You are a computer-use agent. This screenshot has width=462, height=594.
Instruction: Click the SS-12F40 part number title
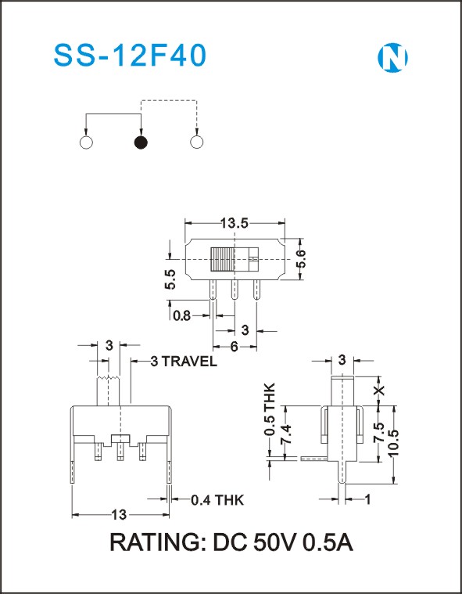131,56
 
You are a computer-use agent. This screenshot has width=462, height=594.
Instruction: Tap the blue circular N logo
392,58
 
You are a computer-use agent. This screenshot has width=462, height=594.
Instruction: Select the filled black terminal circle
141,142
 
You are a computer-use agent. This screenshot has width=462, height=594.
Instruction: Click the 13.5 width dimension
235,224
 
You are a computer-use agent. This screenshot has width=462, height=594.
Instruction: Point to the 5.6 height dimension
301,259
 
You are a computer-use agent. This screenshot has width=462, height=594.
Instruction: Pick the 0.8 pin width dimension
182,315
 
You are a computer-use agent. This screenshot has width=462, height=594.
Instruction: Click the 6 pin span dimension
235,347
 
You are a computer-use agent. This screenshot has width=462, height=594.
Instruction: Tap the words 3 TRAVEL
184,362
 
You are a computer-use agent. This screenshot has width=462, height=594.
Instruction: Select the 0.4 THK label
217,500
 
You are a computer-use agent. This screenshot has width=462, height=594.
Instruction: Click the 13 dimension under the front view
119,515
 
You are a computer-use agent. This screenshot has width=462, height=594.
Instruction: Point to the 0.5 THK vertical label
270,409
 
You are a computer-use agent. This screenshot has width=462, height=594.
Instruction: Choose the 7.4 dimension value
287,434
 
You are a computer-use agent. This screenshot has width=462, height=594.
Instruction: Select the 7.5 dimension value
379,433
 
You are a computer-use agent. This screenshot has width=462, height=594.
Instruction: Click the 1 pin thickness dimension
367,499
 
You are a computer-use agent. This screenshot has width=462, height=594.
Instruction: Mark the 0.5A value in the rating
328,542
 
